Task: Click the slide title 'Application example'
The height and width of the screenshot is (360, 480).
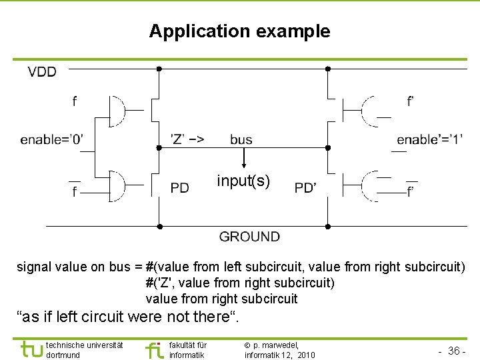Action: [239, 31]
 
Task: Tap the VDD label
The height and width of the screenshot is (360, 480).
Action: [42, 72]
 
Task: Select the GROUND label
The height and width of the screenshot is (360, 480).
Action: [249, 237]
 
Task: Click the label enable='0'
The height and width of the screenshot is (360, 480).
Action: [51, 139]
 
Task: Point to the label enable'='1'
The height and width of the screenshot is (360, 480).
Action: [429, 139]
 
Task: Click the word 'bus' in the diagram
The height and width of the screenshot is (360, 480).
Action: [241, 139]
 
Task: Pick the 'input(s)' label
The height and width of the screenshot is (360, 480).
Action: [243, 181]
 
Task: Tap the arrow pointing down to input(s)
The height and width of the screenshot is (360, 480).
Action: [243, 159]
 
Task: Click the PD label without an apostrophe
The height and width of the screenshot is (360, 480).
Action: [179, 188]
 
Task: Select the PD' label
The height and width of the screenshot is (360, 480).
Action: [305, 188]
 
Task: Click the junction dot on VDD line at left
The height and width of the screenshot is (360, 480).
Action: [159, 69]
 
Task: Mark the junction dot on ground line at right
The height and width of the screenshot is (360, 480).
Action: [327, 226]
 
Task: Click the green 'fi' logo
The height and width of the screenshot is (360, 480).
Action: [155, 349]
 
